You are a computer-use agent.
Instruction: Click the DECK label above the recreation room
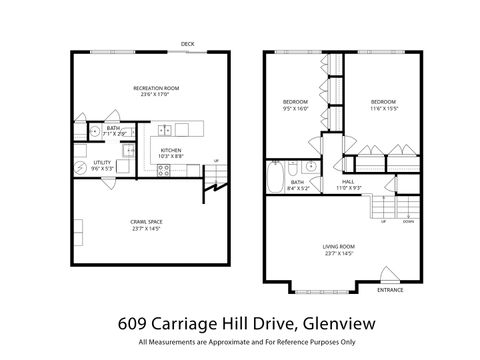[188, 44]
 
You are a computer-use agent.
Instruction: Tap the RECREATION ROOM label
[155, 89]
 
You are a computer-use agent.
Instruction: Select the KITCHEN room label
[171, 149]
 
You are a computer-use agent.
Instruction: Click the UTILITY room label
[101, 161]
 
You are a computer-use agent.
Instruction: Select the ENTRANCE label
[390, 290]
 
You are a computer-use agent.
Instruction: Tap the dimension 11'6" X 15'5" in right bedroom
[384, 108]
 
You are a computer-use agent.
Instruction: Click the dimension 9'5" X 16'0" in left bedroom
[295, 108]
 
